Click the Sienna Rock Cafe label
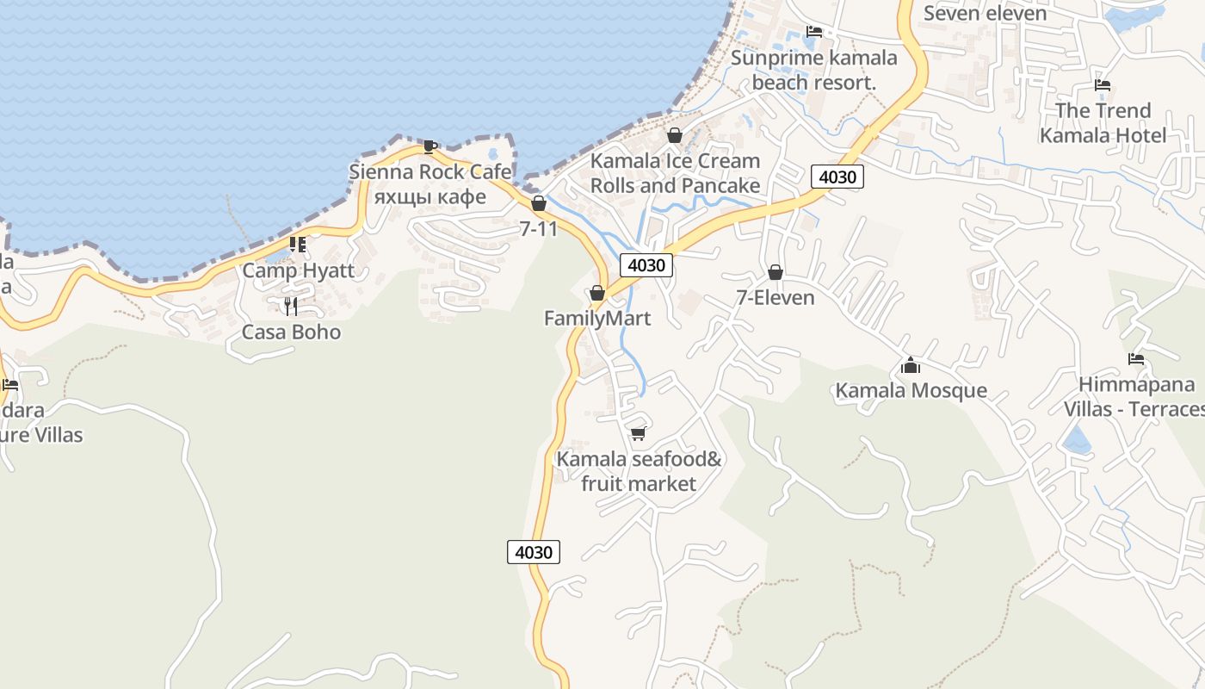(429, 172)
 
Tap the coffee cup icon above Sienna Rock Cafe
(429, 146)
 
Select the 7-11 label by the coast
(539, 229)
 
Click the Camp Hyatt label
(298, 270)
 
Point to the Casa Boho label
(291, 332)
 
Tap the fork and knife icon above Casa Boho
(291, 306)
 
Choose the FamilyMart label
(597, 319)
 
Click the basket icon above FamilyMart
(597, 294)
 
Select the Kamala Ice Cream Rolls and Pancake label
(675, 173)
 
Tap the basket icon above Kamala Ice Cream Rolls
(675, 135)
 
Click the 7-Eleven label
(775, 298)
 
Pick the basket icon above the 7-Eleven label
(775, 272)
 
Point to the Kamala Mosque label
(911, 391)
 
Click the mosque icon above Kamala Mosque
(911, 365)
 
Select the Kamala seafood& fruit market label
(639, 471)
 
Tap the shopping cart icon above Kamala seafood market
(639, 433)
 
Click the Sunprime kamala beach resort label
(813, 71)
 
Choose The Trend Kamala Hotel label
(1103, 123)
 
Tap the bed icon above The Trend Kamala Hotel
(1103, 85)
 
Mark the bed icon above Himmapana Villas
(1136, 359)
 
